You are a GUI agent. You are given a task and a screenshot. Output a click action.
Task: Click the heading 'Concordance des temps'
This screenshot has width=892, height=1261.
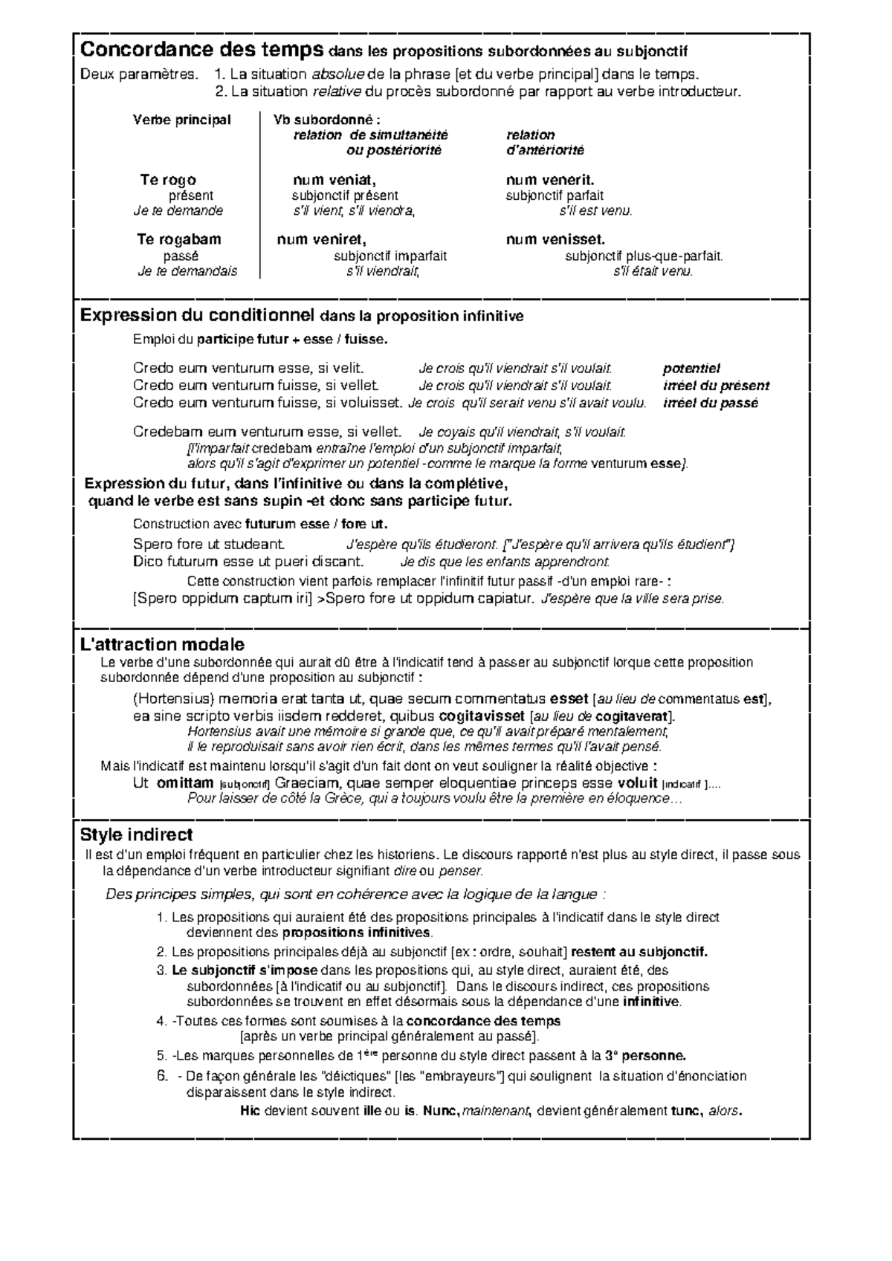201,51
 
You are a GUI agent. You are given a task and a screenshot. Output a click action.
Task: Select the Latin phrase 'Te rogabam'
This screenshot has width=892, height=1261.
179,239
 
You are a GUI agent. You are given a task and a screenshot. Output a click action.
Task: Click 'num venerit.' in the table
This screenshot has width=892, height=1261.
550,180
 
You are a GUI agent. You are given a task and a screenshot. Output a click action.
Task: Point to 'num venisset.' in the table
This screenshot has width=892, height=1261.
555,239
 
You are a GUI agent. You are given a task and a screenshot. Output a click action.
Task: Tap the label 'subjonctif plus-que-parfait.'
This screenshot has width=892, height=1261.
644,256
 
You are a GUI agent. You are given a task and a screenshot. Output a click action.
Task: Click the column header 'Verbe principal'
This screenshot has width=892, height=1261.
181,120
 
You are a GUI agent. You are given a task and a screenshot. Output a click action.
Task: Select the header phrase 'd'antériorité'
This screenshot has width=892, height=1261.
545,150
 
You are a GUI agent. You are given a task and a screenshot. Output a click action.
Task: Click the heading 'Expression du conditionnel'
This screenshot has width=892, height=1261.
198,315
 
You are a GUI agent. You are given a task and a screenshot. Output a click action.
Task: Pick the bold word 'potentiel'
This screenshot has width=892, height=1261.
691,369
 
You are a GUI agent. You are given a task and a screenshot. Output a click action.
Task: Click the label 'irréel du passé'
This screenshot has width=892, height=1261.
710,403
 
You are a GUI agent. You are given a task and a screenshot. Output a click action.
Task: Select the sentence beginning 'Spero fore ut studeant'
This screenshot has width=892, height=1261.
209,544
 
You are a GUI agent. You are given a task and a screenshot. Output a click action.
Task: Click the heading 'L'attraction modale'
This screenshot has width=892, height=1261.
162,644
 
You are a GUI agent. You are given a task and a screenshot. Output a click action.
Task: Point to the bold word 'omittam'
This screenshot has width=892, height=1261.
185,783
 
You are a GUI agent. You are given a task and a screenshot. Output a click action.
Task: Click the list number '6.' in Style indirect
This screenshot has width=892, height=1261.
163,1076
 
